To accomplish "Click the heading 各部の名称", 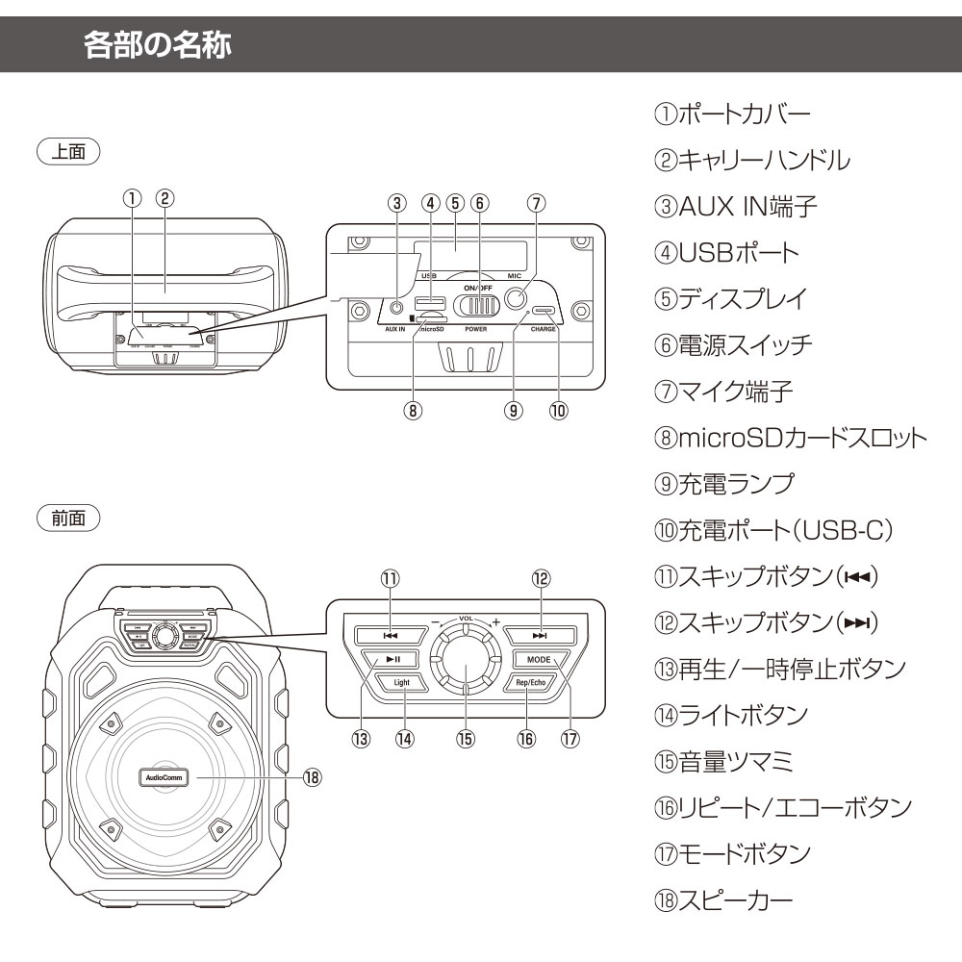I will [158, 45].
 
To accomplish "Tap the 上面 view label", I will [68, 152].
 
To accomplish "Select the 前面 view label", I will [68, 519].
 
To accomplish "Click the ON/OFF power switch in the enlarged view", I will [477, 305].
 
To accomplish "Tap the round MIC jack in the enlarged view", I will [520, 298].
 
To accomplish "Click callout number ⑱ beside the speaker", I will [311, 776].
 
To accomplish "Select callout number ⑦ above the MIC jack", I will [538, 203].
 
